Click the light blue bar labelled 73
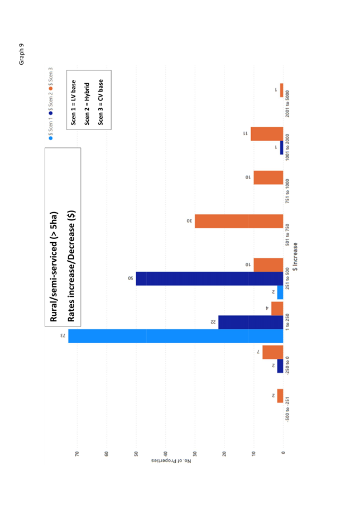pos(175,335)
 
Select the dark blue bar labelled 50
pos(209,278)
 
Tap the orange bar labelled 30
pos(239,221)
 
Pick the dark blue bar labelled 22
pos(251,322)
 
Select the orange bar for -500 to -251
pos(280,396)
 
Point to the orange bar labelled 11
pos(267,134)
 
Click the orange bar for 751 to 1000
pos(268,177)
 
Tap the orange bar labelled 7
pos(273,352)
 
